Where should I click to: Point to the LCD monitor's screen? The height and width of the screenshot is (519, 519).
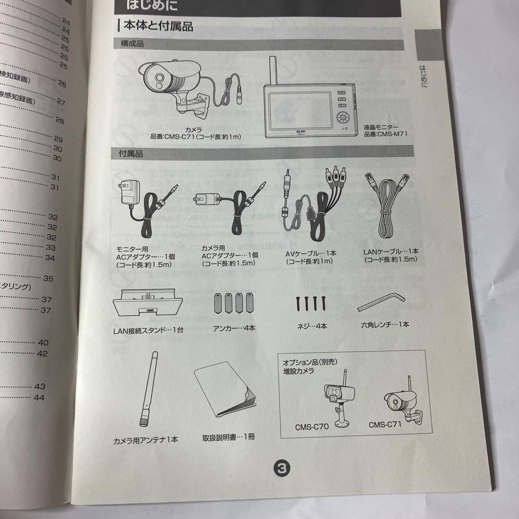(x=300, y=110)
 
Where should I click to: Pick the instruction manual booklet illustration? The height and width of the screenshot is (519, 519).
(x=225, y=392)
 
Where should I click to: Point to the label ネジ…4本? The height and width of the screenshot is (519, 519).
(x=312, y=326)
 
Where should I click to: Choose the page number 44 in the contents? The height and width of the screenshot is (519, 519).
(x=38, y=397)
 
